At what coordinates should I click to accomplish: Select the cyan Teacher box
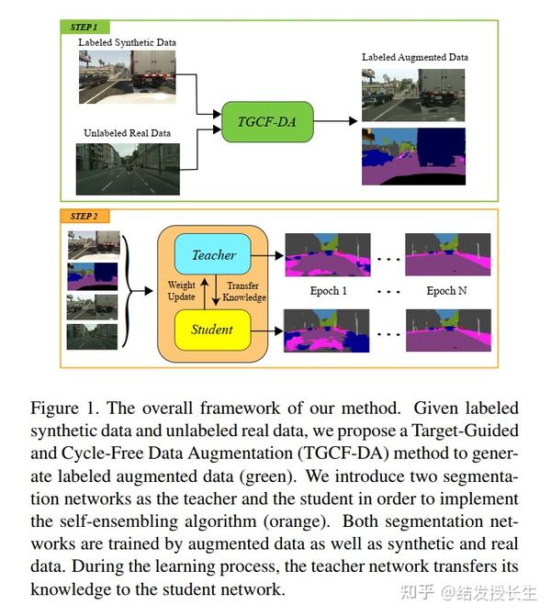[212, 254]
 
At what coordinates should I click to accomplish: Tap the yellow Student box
[212, 330]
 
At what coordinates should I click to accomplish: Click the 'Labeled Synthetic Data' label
[127, 43]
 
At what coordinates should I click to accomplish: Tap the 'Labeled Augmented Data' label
[414, 57]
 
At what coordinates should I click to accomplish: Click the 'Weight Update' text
[181, 292]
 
